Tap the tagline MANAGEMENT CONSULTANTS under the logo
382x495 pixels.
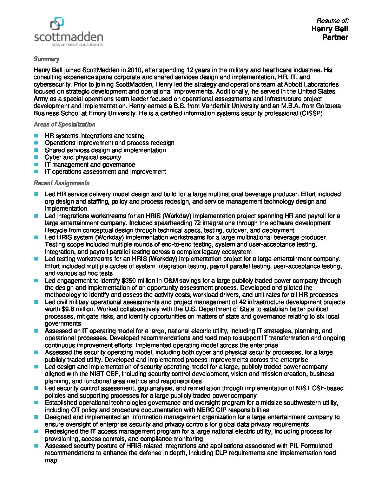click(x=78, y=45)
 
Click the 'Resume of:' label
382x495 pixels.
click(x=332, y=21)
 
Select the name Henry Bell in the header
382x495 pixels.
click(x=329, y=29)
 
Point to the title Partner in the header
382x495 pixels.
click(x=335, y=37)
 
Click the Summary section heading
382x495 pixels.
click(x=46, y=59)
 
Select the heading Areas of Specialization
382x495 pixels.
click(x=64, y=124)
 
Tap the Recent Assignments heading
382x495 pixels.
click(x=61, y=183)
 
